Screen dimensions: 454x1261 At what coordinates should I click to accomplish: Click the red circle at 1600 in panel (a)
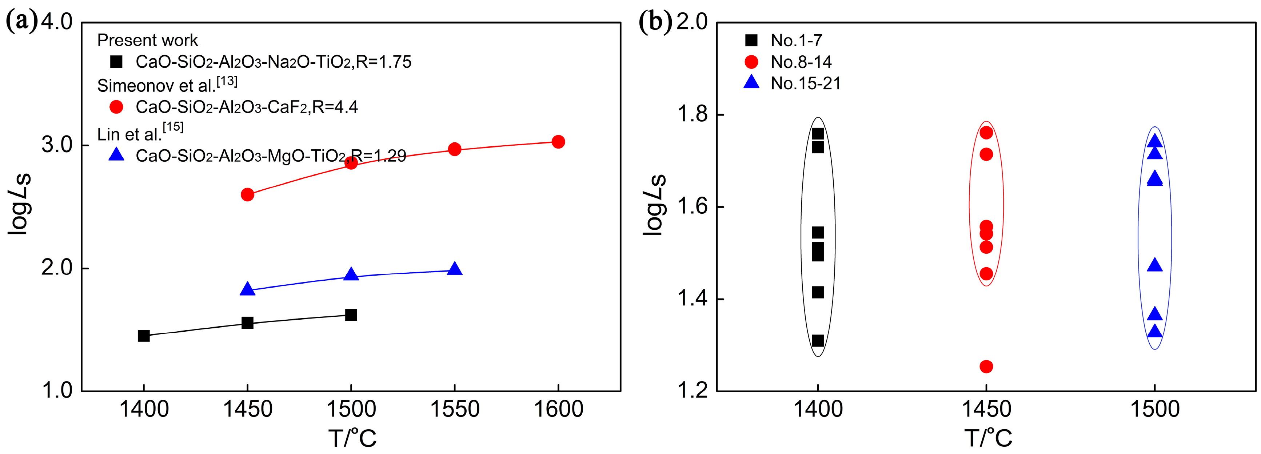pyautogui.click(x=558, y=142)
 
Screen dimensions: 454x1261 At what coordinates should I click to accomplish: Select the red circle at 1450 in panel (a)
pyautogui.click(x=248, y=194)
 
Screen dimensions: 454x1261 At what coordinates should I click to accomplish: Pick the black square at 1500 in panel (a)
pyautogui.click(x=351, y=315)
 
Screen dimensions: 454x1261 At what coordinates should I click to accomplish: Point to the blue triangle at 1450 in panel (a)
pyautogui.click(x=248, y=289)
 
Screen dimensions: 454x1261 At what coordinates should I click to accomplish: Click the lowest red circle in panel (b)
pyautogui.click(x=986, y=366)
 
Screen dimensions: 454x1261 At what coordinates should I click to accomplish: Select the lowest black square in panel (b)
pyautogui.click(x=818, y=340)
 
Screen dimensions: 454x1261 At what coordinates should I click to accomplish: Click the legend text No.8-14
pyautogui.click(x=801, y=62)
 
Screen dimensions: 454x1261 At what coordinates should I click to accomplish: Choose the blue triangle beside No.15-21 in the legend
pyautogui.click(x=751, y=82)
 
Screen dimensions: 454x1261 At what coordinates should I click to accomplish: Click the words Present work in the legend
pyautogui.click(x=147, y=40)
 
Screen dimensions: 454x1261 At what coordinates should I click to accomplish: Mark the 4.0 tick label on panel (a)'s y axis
pyautogui.click(x=57, y=22)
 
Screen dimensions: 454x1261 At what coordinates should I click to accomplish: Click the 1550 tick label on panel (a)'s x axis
pyautogui.click(x=455, y=409)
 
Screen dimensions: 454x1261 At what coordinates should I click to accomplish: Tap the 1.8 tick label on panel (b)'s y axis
pyautogui.click(x=692, y=115)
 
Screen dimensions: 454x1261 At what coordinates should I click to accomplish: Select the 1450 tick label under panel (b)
pyautogui.click(x=986, y=409)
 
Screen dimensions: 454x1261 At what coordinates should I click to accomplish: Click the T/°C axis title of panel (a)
pyautogui.click(x=352, y=437)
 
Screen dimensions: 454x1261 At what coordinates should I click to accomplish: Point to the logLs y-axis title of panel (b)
pyautogui.click(x=654, y=205)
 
